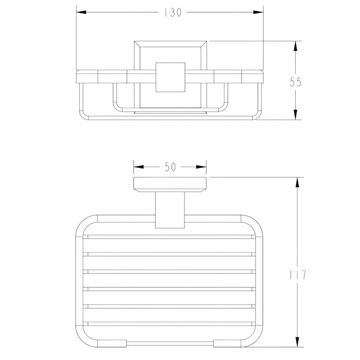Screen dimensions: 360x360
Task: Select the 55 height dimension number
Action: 295,82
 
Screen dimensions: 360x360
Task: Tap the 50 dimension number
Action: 170,167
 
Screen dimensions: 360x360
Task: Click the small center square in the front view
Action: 170,77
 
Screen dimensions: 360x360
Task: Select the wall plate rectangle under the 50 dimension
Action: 170,185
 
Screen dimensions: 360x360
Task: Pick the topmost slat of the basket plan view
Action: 170,237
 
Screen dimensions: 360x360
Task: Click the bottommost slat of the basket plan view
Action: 170,323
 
